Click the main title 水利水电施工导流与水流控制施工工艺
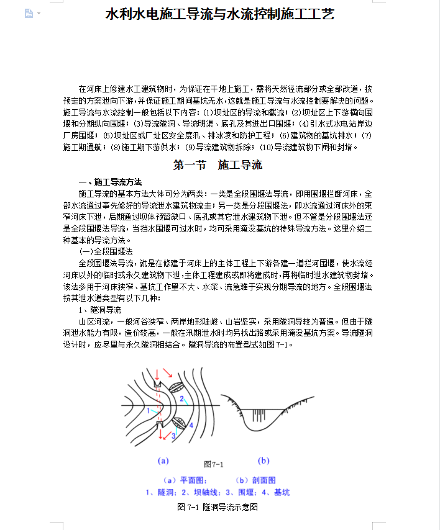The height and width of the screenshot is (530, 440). [220, 14]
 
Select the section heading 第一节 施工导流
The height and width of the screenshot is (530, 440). [218, 165]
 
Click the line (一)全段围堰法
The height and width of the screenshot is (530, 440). [106, 251]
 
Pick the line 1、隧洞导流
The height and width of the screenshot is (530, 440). [99, 309]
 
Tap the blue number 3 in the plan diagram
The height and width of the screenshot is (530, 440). [173, 436]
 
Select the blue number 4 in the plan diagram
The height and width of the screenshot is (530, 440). [191, 425]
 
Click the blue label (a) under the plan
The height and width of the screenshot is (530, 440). [163, 461]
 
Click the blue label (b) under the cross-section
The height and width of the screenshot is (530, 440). [264, 460]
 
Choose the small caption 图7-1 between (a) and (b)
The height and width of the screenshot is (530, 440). [214, 464]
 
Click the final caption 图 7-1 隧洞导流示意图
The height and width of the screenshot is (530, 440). [218, 507]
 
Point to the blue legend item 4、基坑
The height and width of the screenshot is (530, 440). [277, 492]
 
